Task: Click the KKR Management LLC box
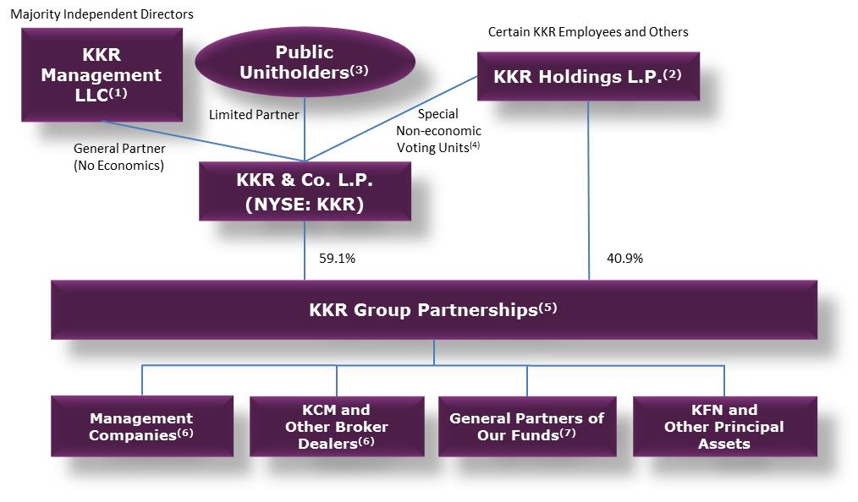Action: (x=102, y=74)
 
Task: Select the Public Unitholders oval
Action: (x=305, y=63)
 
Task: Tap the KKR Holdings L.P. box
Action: (x=587, y=76)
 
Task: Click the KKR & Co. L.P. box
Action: (x=305, y=192)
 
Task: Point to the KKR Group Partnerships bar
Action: (x=433, y=310)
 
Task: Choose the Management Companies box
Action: (x=141, y=426)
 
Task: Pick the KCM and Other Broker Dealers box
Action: (x=336, y=426)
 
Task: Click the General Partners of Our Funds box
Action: (x=526, y=426)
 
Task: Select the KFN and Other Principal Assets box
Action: (x=724, y=426)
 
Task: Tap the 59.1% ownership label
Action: (x=337, y=259)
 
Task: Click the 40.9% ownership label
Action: (x=624, y=259)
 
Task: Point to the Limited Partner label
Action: (x=254, y=114)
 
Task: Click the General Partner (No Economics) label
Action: (x=118, y=157)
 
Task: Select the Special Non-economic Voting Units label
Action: (x=438, y=130)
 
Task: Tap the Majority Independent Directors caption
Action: (x=102, y=14)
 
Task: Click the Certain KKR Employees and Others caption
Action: (x=588, y=32)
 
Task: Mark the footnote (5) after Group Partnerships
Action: (x=547, y=308)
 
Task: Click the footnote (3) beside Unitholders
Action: (x=360, y=71)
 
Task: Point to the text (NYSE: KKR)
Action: (x=305, y=205)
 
